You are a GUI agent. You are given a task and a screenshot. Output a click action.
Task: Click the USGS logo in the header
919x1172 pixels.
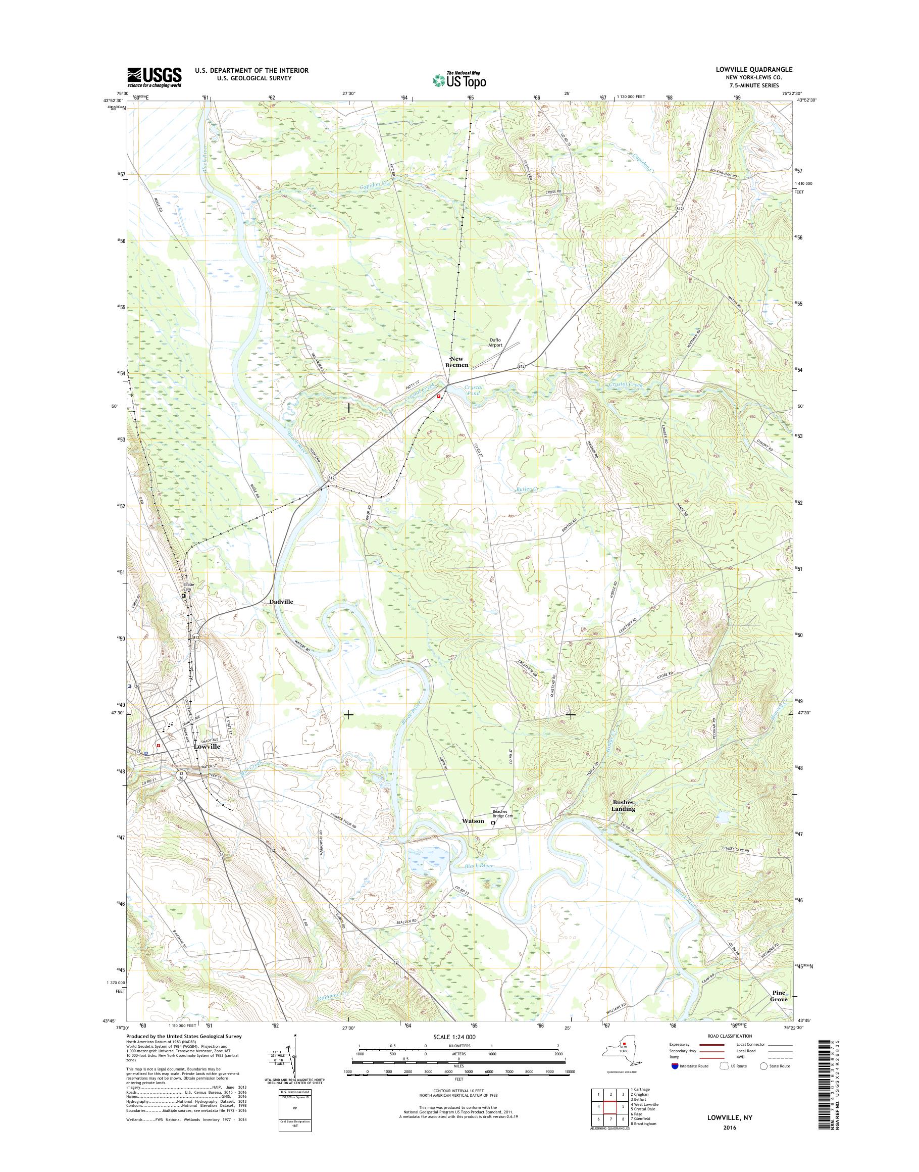154,77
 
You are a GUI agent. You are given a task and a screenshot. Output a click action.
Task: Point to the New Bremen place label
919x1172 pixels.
457,362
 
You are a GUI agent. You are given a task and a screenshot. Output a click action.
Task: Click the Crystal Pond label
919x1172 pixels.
474,390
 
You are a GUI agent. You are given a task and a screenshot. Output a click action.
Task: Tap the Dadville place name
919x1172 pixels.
281,601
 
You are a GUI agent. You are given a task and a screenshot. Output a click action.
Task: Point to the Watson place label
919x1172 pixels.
473,821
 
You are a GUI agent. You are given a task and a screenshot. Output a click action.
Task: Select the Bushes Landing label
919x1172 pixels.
623,805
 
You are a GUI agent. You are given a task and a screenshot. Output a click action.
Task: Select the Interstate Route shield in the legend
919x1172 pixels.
675,1065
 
